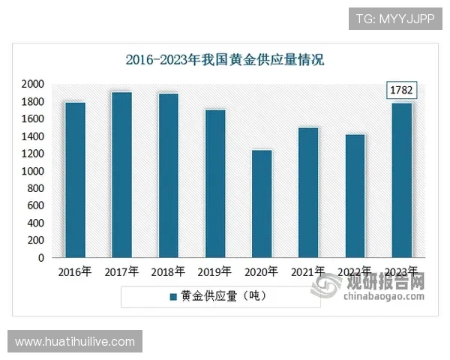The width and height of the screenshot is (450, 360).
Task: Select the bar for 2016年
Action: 75,180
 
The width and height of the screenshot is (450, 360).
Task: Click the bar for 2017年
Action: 121,175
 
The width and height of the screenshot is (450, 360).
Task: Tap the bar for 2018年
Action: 168,175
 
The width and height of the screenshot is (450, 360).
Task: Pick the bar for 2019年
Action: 215,184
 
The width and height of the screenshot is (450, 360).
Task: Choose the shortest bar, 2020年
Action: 262,204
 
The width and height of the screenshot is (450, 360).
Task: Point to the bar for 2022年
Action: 355,196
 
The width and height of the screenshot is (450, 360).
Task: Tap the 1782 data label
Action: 401,91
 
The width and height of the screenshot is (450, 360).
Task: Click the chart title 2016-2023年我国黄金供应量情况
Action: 224,60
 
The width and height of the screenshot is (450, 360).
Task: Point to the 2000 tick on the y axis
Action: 32,84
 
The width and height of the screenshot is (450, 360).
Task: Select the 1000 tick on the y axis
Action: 32,171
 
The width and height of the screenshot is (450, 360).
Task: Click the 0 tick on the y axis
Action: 40,258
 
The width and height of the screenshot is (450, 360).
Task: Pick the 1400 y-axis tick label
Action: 32,136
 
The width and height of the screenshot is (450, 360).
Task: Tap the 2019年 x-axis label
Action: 215,271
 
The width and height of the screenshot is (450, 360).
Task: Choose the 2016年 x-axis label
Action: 75,271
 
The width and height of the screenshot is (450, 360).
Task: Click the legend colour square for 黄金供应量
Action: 173,296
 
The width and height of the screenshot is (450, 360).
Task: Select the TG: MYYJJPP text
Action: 396,18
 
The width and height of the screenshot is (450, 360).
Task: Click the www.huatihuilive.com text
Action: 75,342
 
